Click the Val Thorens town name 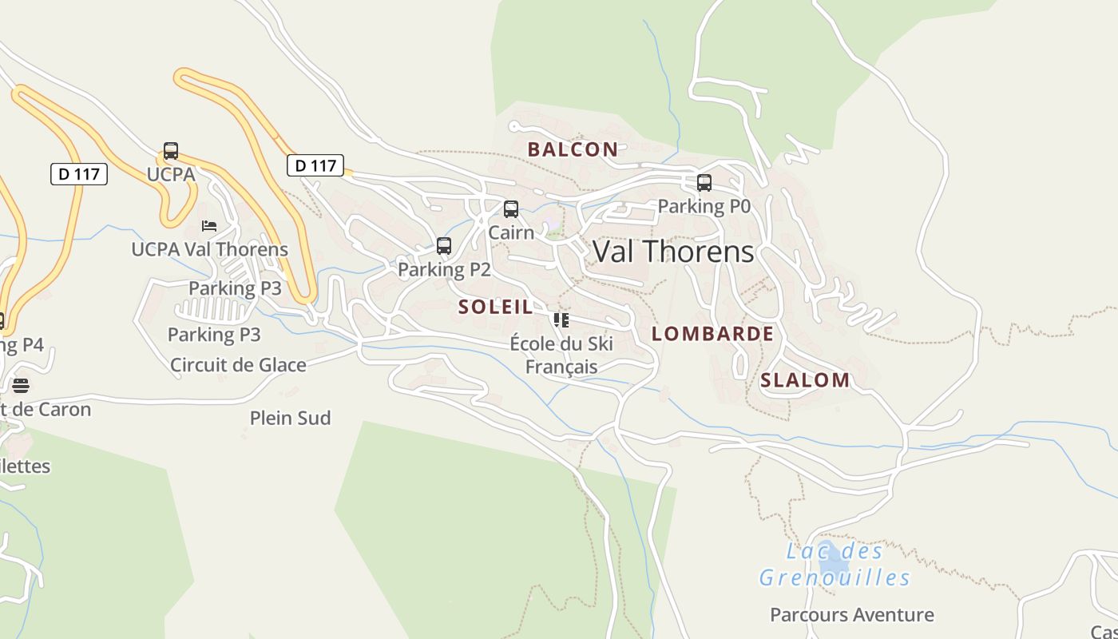[673, 252]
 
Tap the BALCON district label [573, 149]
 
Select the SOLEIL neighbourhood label [496, 307]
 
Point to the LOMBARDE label [712, 334]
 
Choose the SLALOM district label [805, 380]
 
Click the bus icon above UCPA [171, 151]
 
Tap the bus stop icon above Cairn [511, 209]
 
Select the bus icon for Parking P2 [444, 246]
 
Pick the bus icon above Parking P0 [704, 183]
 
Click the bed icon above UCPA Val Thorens [209, 226]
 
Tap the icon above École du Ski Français [561, 320]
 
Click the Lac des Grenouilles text [835, 564]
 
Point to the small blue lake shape [828, 550]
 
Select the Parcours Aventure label [851, 615]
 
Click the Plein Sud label [290, 418]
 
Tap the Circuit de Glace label [238, 365]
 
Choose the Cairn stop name [511, 232]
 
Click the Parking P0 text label [704, 206]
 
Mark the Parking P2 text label [444, 269]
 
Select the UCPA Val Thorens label [209, 249]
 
